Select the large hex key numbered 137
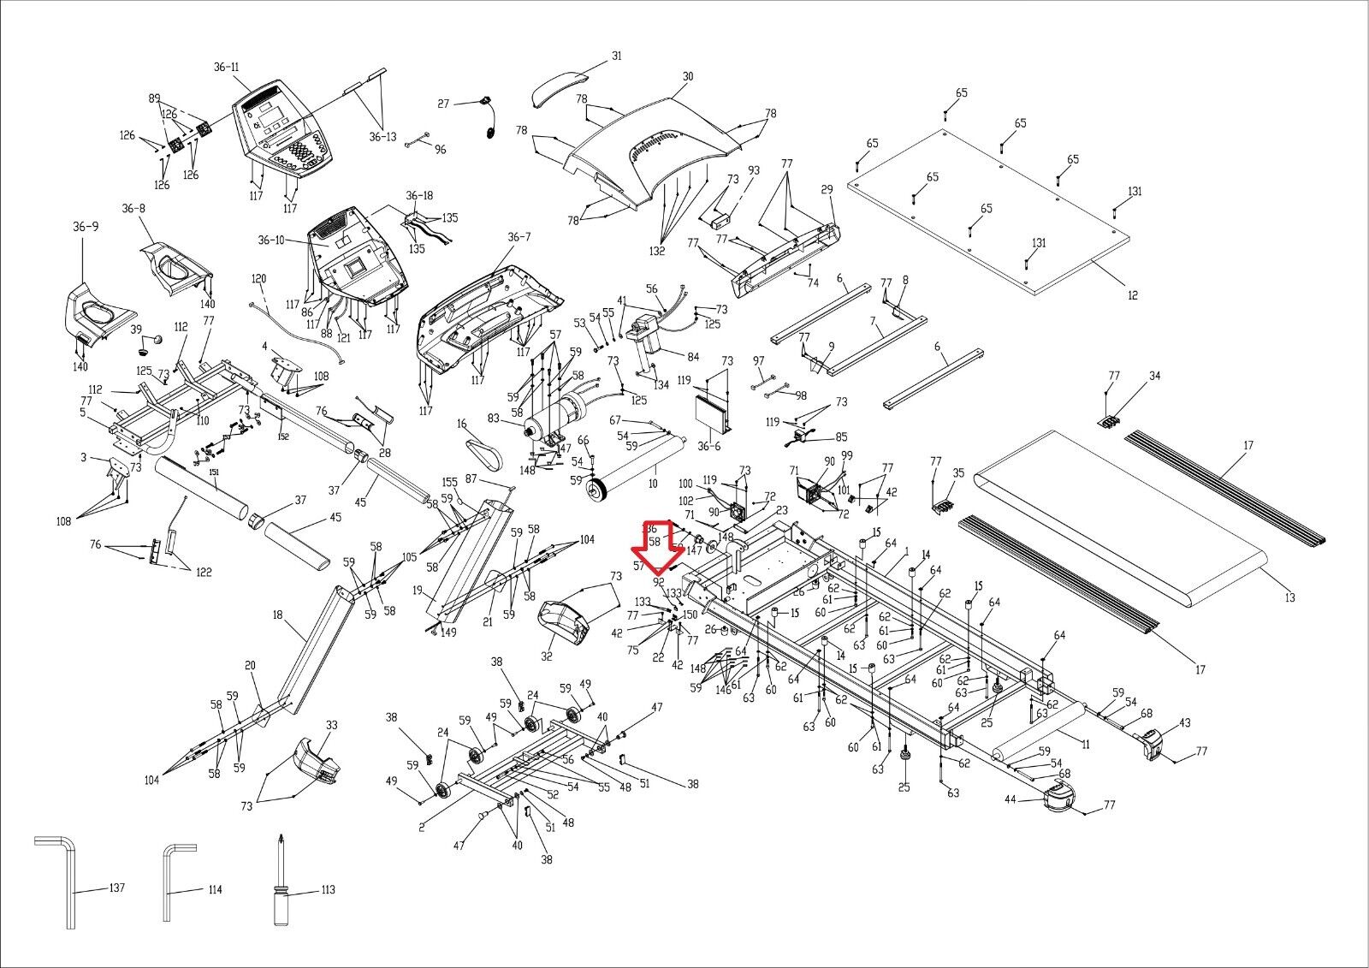68,890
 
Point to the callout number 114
215,890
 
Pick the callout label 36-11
227,67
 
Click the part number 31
616,56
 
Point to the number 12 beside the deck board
1132,295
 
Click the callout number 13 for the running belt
1289,597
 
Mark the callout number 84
692,356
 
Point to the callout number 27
443,104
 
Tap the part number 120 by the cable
258,279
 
